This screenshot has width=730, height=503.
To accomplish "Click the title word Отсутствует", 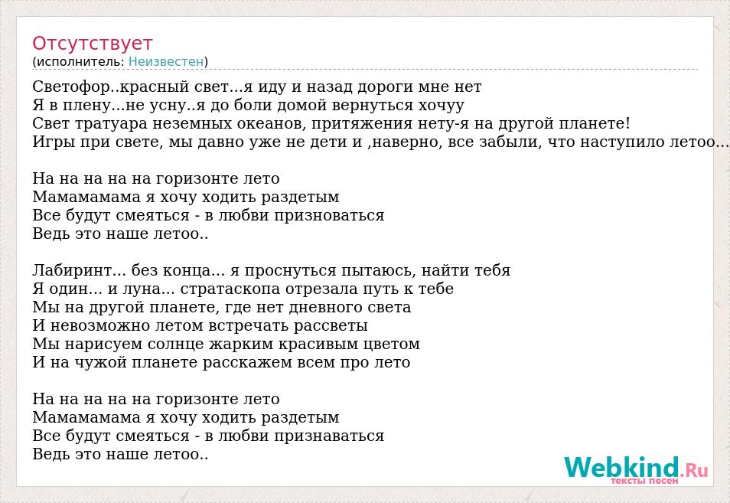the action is coord(92,44).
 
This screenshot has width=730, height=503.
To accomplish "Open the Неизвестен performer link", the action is coord(166,61).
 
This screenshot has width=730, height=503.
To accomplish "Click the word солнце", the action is coord(177,345).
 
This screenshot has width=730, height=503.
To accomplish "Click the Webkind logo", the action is coord(636,467).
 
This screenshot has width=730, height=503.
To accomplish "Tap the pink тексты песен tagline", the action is coord(644,481).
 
